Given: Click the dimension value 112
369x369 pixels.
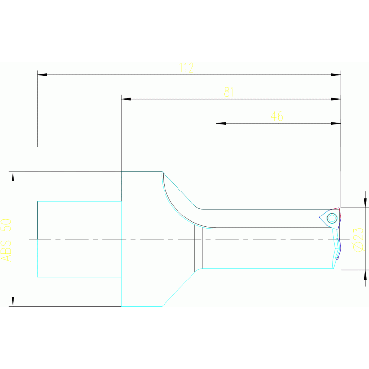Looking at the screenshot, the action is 186,67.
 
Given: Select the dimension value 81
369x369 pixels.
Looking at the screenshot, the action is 229,92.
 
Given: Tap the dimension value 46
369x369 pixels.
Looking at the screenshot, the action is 277,116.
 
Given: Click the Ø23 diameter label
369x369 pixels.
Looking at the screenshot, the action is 358,239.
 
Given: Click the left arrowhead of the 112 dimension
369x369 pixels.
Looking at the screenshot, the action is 42,75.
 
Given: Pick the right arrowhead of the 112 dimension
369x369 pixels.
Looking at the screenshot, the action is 336,75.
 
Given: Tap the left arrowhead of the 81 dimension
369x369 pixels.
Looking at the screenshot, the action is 126,99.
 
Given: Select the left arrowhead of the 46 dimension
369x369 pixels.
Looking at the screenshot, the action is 221,123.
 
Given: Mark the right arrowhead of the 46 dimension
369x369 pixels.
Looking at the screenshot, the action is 336,123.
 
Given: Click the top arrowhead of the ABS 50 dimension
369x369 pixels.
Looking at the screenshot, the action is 13,176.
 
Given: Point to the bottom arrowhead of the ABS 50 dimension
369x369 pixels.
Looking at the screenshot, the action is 13,301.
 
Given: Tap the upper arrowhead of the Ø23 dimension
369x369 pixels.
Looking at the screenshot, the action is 365,203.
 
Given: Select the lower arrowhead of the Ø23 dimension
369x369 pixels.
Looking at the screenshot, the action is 365,275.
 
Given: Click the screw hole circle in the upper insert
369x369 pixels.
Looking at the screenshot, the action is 331,218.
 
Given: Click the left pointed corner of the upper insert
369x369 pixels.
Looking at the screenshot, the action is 320,218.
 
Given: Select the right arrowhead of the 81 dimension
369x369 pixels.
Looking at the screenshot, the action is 336,99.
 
